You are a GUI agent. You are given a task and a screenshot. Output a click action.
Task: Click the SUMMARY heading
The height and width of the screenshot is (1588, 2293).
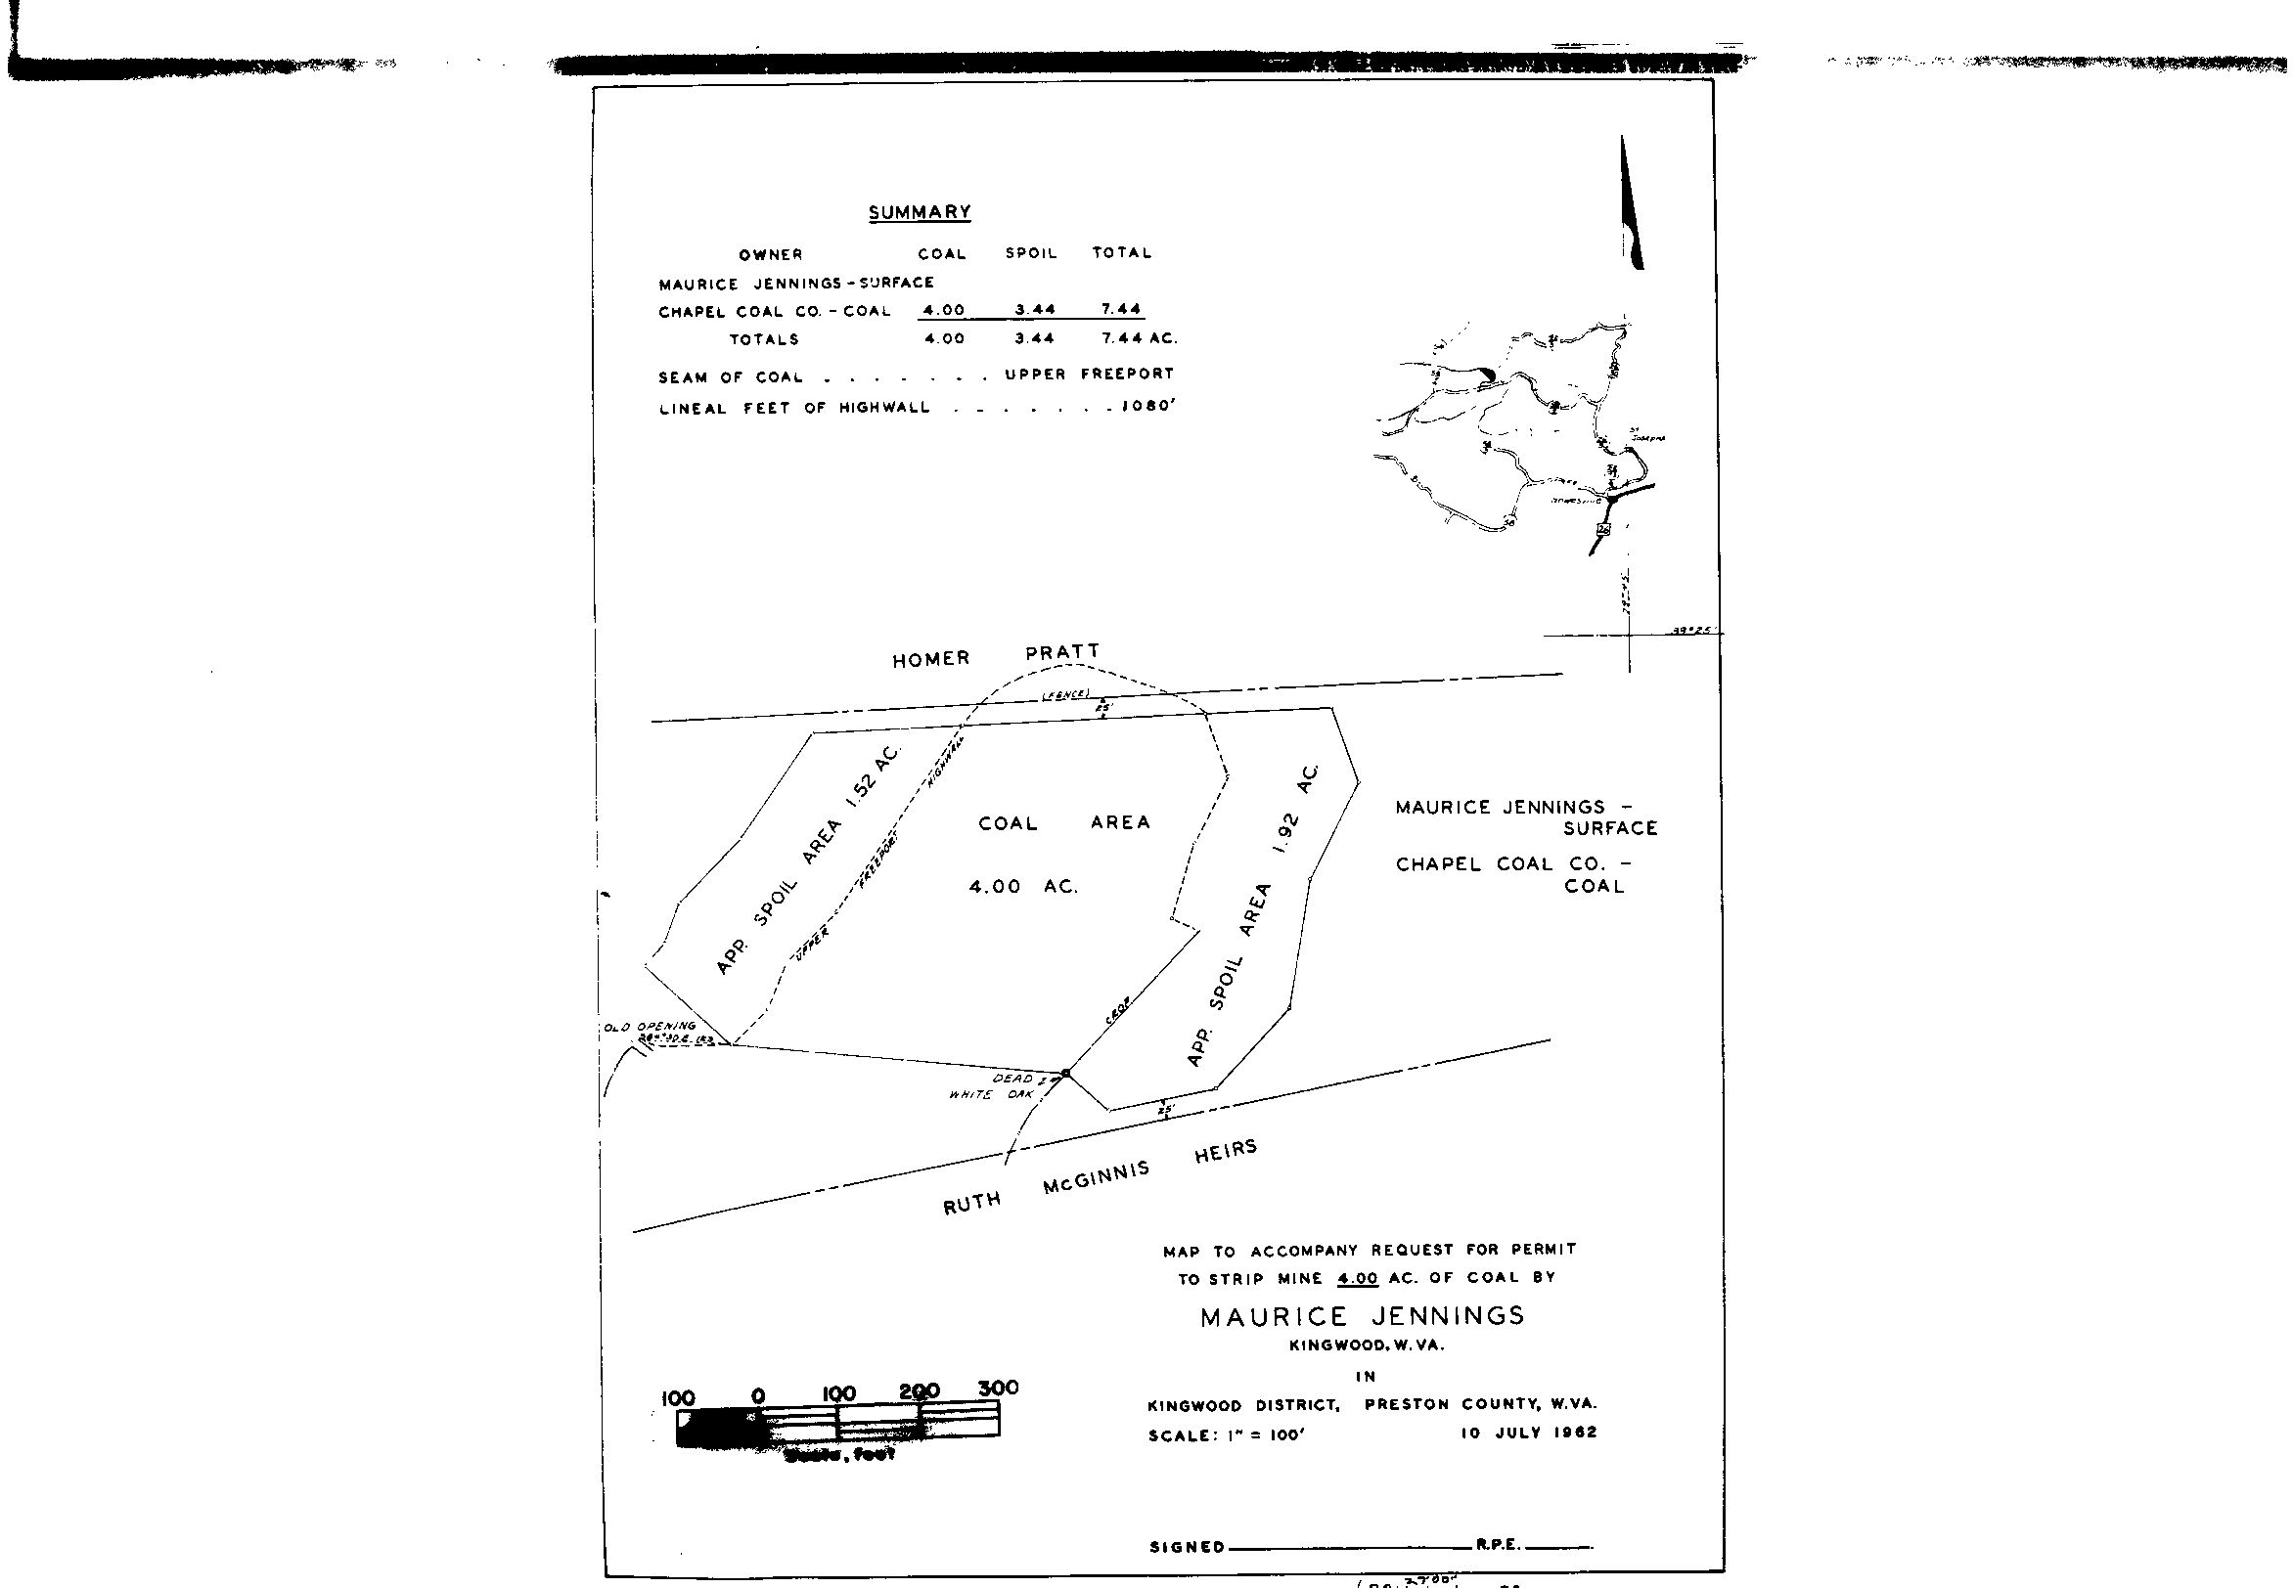pos(919,212)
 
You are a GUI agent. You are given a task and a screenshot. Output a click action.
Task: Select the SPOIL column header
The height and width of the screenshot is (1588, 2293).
pos(1030,253)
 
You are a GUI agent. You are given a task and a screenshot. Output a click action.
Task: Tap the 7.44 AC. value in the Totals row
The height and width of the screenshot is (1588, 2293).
pos(1139,338)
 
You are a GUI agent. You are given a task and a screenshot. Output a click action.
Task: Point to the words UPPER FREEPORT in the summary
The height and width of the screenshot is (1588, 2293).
pos(1089,375)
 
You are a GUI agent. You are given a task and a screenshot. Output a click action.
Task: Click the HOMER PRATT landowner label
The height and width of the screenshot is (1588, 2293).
pos(995,656)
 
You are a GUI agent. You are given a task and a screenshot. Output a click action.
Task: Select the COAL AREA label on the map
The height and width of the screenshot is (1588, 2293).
pos(1063,823)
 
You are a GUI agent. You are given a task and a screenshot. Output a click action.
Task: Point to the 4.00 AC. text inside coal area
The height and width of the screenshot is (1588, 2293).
pos(1023,887)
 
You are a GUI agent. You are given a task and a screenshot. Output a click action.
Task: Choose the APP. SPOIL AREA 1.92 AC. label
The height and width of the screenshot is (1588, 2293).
pos(1252,916)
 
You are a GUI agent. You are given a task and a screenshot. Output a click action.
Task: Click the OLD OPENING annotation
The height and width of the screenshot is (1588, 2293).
pos(650,1026)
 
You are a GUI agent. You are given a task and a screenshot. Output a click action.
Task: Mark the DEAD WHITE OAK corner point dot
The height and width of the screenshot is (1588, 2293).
pos(1065,1073)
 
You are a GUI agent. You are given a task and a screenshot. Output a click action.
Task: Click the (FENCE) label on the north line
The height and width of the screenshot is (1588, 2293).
pos(1065,694)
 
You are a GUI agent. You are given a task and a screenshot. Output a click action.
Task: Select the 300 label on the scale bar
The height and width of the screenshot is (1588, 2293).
pos(998,1387)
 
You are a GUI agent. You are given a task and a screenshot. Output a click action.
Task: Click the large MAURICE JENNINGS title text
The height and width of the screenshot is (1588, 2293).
pos(1362,1316)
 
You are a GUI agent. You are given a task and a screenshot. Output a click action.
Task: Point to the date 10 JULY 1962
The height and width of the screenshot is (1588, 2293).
pos(1528,1433)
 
